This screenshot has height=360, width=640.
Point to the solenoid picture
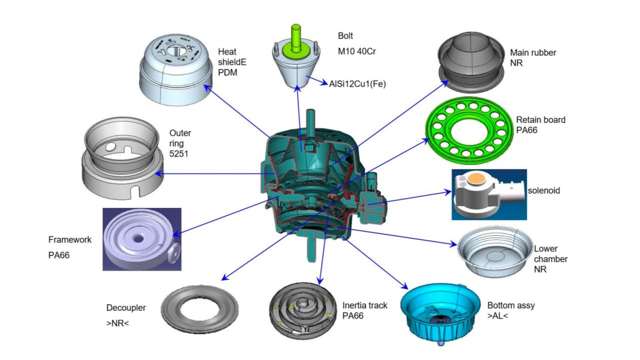[489, 195]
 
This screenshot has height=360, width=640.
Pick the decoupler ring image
[199, 310]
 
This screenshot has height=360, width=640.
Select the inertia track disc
[303, 311]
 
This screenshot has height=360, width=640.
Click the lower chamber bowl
[495, 253]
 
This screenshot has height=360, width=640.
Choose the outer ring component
[122, 159]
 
